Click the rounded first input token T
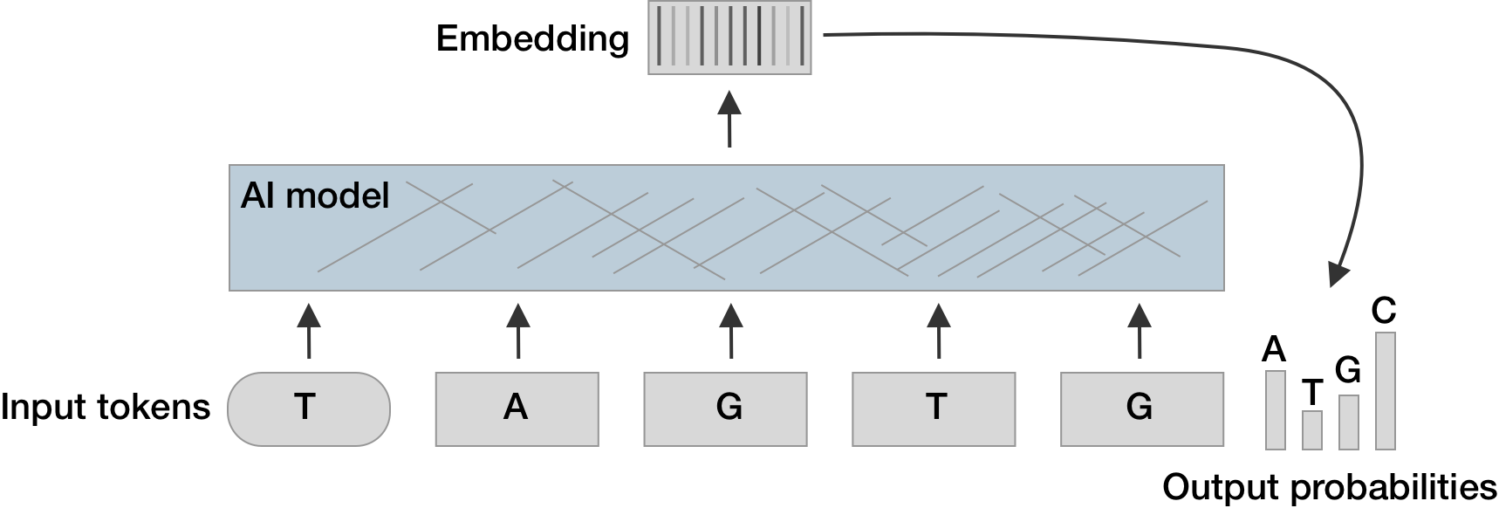pos(308,408)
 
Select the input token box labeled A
pos(517,408)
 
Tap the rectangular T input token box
pos(934,408)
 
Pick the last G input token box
pos(1141,408)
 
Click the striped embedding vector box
pos(729,38)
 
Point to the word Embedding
pos(532,38)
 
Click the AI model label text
pos(315,196)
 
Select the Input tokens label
pos(106,407)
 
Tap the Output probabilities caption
pos(1330,486)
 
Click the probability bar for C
pos(1385,390)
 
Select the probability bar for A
pos(1275,409)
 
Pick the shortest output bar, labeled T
pos(1311,429)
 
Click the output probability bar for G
pos(1348,422)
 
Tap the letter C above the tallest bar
pos(1384,311)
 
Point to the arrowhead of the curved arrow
pos(1338,275)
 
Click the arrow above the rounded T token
pos(309,331)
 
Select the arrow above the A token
pos(518,331)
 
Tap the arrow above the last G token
pos(1140,331)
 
